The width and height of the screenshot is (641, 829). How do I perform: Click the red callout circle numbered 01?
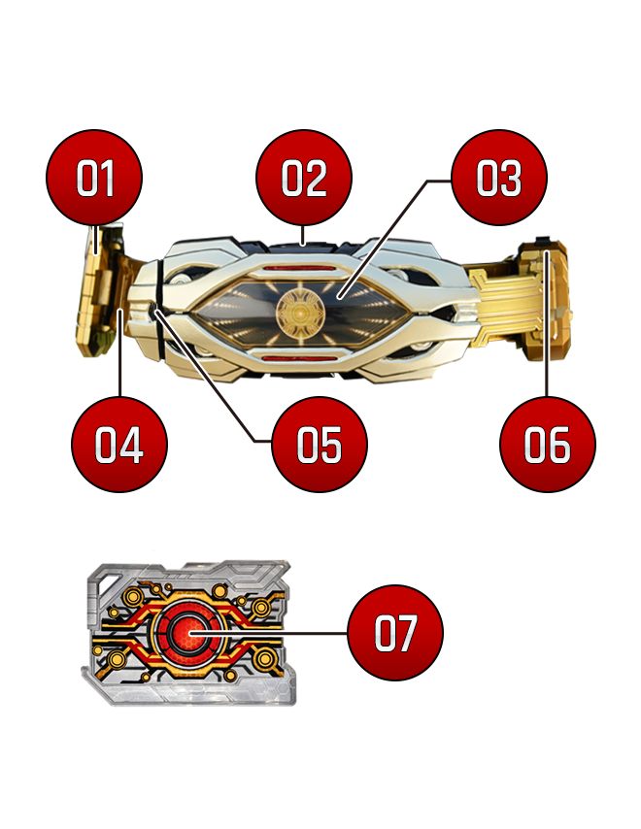point(94,177)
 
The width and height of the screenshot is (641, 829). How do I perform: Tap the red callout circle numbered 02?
point(303,177)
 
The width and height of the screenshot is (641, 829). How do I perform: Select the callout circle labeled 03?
point(499,177)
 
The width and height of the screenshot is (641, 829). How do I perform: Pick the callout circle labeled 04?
point(119,445)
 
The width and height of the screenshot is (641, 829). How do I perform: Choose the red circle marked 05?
point(319,445)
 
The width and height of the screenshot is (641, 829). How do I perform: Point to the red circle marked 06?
point(548,445)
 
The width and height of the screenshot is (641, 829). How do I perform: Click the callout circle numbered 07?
point(395,632)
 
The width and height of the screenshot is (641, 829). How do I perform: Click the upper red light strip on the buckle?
point(300,269)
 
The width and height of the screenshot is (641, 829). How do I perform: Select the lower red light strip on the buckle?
point(300,358)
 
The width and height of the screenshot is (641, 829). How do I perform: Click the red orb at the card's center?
point(188,633)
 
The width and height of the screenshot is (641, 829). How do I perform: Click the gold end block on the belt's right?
point(545,299)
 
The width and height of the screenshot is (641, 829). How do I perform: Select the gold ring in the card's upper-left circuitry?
point(132,596)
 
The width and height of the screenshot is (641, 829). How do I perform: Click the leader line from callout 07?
point(269,633)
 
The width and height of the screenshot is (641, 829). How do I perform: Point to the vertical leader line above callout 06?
point(547,324)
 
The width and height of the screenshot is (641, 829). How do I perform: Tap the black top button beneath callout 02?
point(302,247)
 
